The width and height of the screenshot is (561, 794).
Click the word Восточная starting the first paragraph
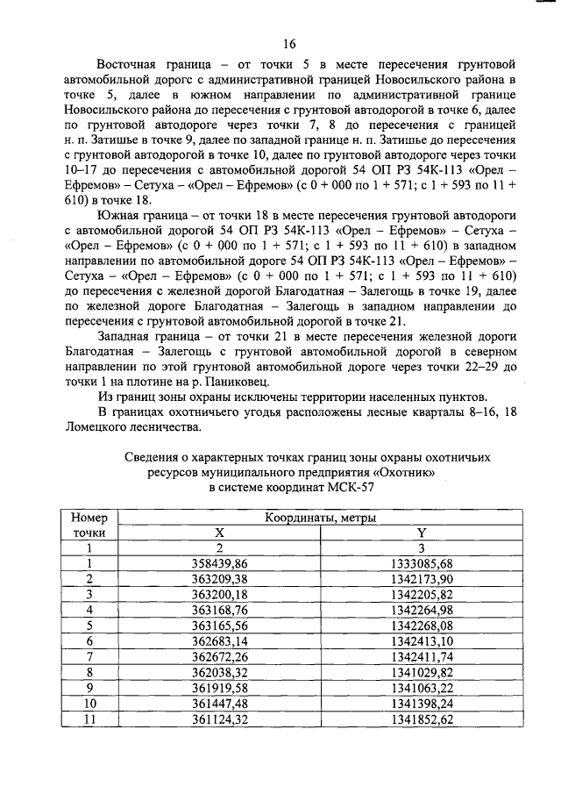(131, 65)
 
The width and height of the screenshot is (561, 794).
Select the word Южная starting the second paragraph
(123, 215)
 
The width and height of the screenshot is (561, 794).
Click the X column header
(219, 533)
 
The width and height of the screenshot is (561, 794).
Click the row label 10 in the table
(89, 704)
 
